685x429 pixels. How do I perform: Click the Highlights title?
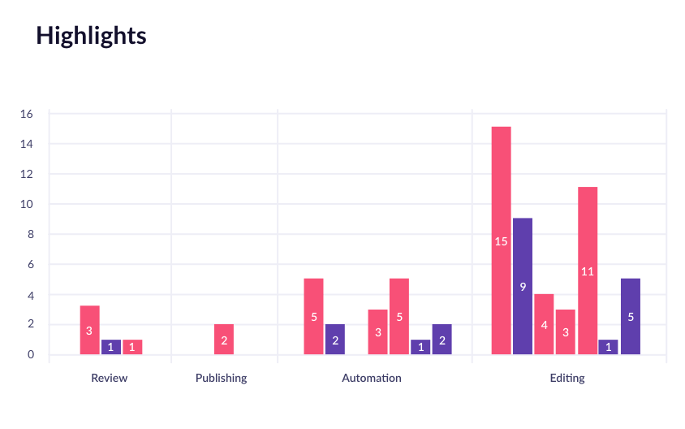coord(91,36)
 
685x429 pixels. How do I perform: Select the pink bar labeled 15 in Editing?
coord(501,240)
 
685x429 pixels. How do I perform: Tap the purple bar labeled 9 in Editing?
coord(523,286)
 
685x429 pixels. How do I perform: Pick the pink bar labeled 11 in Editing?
coord(588,271)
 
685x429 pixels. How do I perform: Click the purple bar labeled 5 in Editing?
coord(631,316)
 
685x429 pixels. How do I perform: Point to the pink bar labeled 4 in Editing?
coord(544,324)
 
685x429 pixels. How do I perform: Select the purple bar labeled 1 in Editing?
coord(609,347)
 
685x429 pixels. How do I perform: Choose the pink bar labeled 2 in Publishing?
coord(224,339)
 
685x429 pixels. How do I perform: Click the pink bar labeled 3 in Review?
coord(89,330)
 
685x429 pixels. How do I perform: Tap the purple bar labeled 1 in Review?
coord(111,347)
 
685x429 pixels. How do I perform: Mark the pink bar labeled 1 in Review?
coord(132,347)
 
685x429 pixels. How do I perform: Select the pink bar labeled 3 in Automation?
coord(377,331)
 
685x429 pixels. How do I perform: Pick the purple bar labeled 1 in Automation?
coord(420,347)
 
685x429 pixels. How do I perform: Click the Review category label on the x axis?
coord(110,378)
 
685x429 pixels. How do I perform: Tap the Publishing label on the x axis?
coord(222,378)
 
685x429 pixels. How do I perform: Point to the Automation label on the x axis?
coord(372,378)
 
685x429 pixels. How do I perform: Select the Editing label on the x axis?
coord(567,378)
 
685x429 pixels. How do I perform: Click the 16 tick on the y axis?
coord(27,114)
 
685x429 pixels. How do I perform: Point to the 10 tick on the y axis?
coord(27,204)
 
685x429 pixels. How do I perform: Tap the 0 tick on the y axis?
coord(30,354)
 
